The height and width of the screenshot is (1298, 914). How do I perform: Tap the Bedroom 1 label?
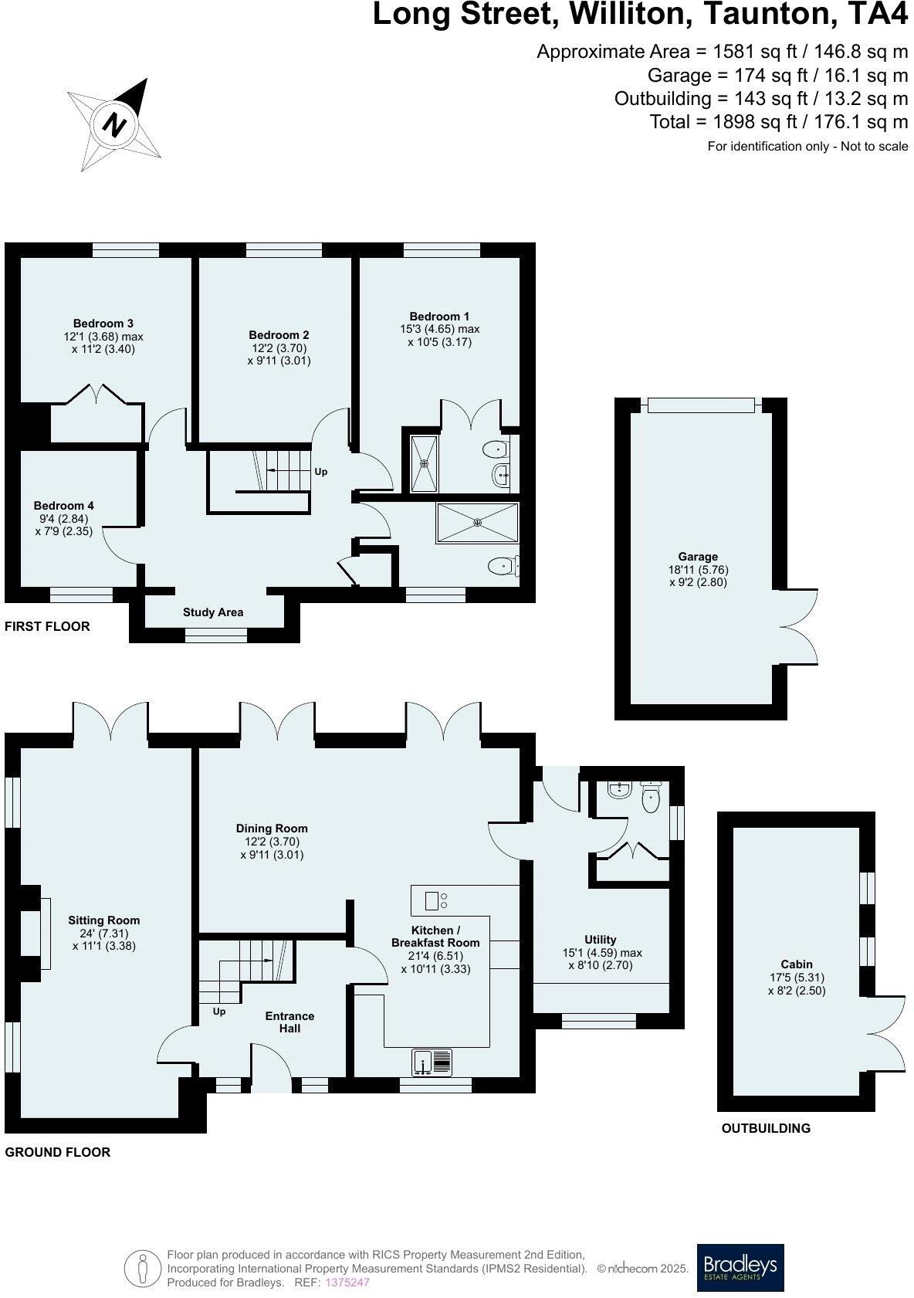[438, 317]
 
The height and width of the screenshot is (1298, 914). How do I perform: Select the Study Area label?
[213, 612]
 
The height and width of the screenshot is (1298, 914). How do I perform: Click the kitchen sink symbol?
[432, 1062]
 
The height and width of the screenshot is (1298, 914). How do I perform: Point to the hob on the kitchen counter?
[436, 900]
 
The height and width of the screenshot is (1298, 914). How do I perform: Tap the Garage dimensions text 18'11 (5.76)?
[698, 570]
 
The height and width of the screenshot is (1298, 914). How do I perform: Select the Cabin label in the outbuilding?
[796, 964]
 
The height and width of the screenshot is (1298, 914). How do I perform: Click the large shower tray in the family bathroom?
[477, 523]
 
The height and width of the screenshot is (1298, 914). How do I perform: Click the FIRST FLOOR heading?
[47, 626]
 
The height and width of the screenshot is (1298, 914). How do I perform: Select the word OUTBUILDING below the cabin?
[765, 1128]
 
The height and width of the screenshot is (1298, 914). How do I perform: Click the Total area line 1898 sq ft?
[778, 122]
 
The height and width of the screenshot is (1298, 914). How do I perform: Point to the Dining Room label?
[271, 829]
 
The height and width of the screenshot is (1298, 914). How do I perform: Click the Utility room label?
[600, 940]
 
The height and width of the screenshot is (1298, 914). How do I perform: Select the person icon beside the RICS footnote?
[142, 1267]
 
